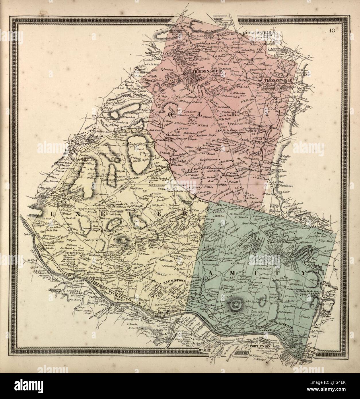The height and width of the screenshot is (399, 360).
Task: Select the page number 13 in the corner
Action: coord(334,32)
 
